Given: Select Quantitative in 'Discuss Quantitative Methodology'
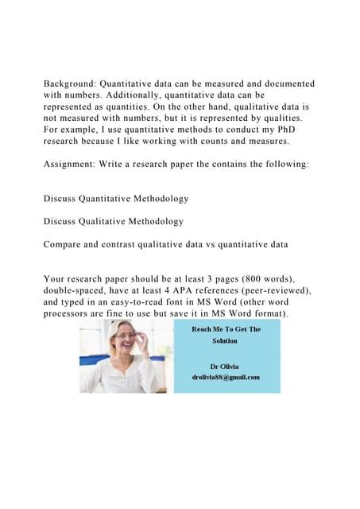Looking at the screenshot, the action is coord(114,196).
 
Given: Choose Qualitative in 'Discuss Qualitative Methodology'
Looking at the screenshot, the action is coord(112,221).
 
